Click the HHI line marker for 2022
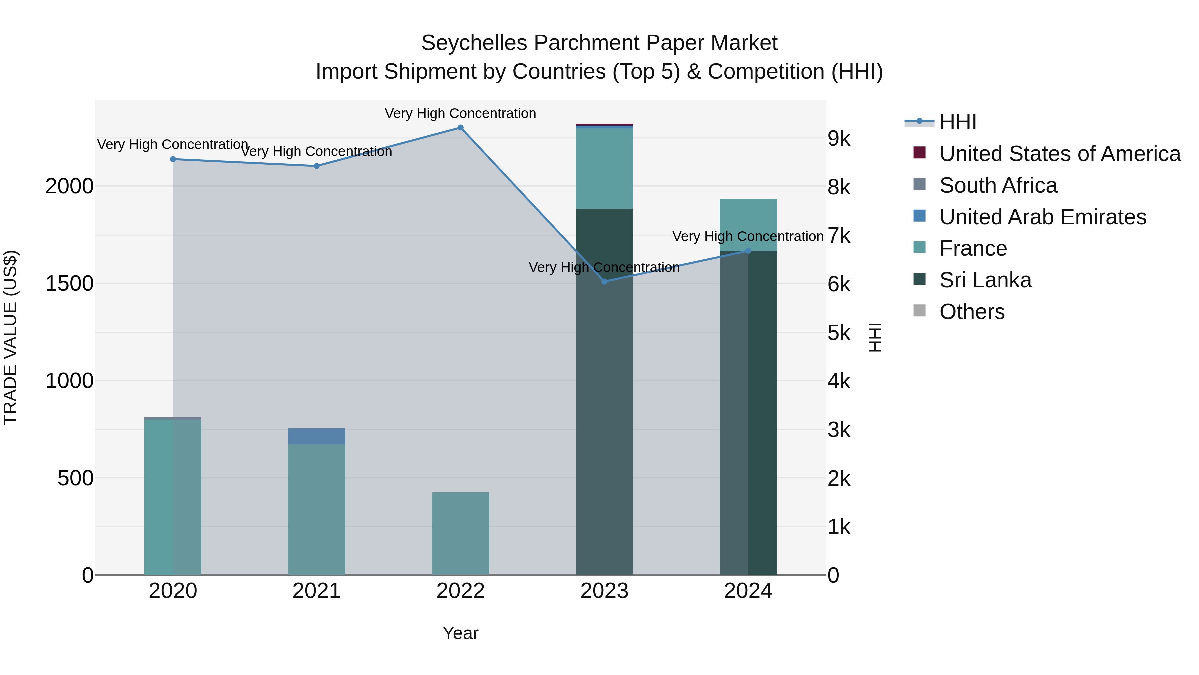(x=460, y=128)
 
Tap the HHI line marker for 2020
(x=173, y=159)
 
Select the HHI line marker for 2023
(x=604, y=281)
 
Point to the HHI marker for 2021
(x=316, y=166)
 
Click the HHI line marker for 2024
(x=748, y=251)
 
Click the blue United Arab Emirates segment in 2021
(x=316, y=436)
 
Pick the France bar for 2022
(x=460, y=533)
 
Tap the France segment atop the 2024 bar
(x=748, y=225)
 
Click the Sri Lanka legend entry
(x=985, y=280)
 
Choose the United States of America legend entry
(x=1059, y=154)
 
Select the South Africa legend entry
(x=998, y=185)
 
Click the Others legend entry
(x=972, y=312)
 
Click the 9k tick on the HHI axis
(x=839, y=139)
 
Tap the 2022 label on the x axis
(x=460, y=591)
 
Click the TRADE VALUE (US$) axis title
(x=10, y=337)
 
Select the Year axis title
(x=460, y=633)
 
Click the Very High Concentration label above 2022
(x=460, y=113)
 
